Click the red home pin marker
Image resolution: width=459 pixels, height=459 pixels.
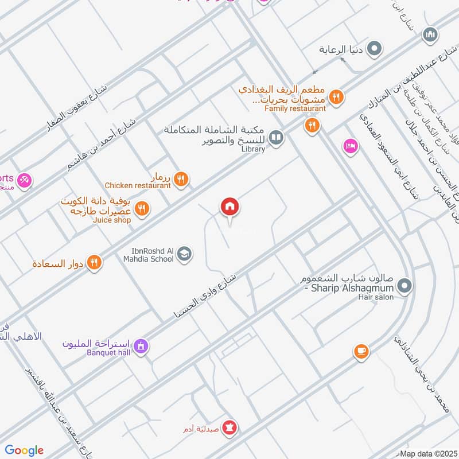point(230,207)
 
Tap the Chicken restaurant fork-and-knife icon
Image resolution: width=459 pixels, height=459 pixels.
point(181,180)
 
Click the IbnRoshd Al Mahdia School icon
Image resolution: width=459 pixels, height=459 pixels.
point(184,254)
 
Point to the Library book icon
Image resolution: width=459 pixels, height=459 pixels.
point(277,138)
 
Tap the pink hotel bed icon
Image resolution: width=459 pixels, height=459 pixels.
point(350,147)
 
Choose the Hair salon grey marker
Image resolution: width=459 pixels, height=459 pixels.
point(405,285)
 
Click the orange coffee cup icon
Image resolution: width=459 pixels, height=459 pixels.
point(361,351)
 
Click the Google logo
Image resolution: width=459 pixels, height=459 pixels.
point(24,450)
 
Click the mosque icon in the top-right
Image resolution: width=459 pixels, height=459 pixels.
point(430,36)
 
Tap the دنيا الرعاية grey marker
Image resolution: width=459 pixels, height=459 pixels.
point(375,49)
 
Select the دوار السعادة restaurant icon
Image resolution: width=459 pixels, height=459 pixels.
point(95,263)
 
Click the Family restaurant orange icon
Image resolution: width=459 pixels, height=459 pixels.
point(312,125)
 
